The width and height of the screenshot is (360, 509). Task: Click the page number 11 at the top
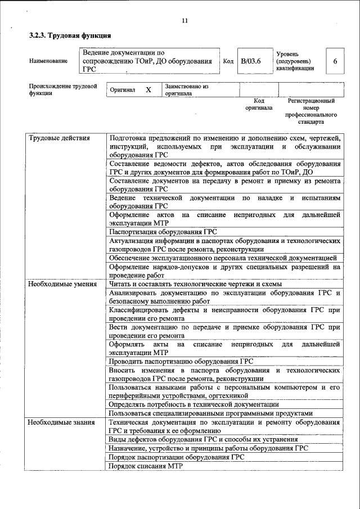185,21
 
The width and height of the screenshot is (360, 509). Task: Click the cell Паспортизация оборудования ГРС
163,231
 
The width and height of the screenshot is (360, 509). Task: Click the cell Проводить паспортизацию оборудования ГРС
181,361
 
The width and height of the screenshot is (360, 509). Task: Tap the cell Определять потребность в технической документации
194,404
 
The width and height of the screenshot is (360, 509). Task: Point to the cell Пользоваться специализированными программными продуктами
211,412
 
